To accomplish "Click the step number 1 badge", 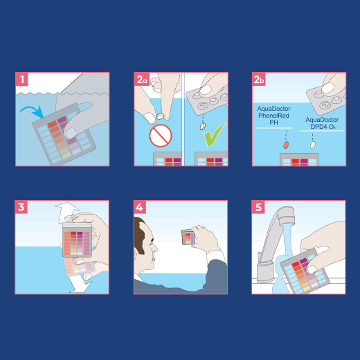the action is click(x=22, y=80).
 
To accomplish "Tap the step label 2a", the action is click(x=142, y=80).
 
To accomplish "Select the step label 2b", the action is click(x=259, y=80).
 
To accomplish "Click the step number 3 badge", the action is click(x=21, y=207).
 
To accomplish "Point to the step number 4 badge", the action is click(x=140, y=207).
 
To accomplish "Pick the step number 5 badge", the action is click(x=258, y=207).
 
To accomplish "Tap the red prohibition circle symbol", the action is click(x=161, y=136).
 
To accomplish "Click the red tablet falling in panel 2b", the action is click(x=286, y=145).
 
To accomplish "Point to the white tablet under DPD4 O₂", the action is click(x=313, y=145).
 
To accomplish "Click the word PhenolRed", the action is click(x=273, y=116).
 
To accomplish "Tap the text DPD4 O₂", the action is click(x=323, y=127).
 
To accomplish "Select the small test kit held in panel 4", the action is click(x=188, y=237).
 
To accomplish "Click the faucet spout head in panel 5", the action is click(x=287, y=216).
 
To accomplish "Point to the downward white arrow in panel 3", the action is click(x=81, y=285).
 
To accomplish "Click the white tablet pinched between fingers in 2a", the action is click(x=161, y=116).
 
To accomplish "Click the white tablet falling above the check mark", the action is click(x=202, y=127).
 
